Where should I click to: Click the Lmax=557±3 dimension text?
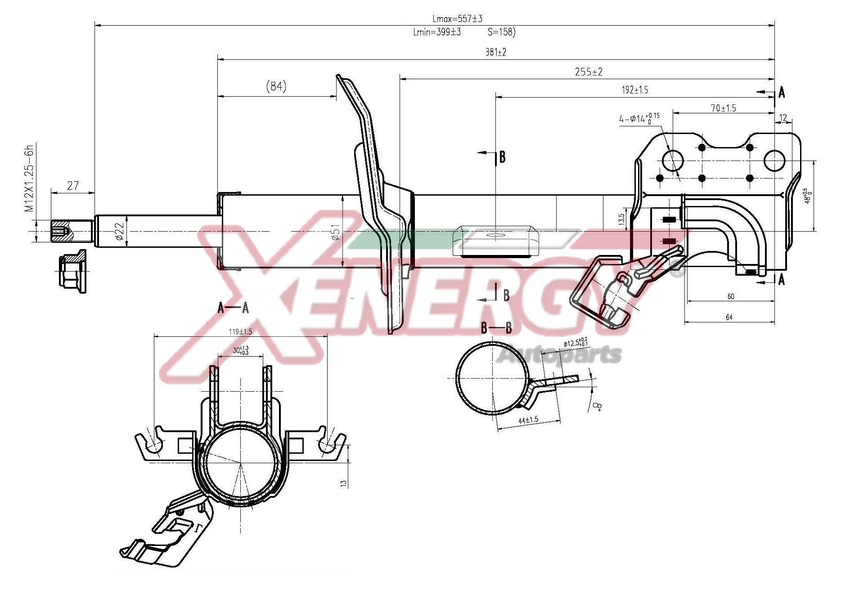pos(457,18)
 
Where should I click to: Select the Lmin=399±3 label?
pos(436,32)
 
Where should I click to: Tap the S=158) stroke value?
pos(501,32)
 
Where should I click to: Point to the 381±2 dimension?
pos(495,52)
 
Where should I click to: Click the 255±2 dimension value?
pos(588,72)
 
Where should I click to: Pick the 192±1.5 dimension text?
pos(634,90)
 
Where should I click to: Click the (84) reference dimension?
pos(276,86)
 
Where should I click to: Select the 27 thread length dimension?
pos(72,185)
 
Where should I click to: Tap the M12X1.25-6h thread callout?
pos(30,178)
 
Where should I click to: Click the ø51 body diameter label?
pos(335,231)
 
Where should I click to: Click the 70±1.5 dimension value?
pos(723,108)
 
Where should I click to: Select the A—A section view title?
pos(233,308)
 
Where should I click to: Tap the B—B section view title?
pos(496,328)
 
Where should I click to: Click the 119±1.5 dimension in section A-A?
pos(240,332)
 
